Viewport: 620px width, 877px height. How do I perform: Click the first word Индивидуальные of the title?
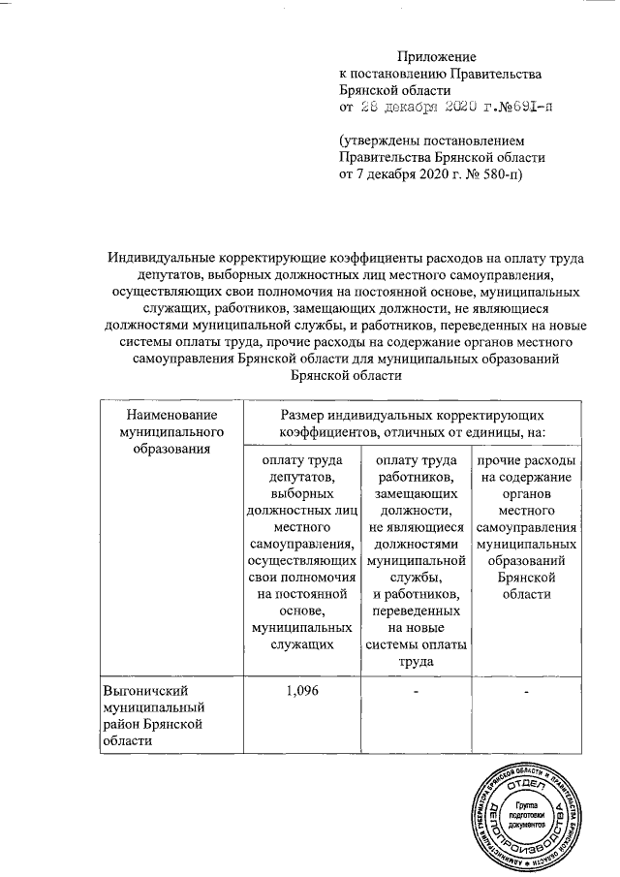click(x=163, y=257)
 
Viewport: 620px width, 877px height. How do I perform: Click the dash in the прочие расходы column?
click(x=527, y=691)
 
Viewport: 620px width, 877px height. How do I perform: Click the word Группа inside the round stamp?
click(x=528, y=806)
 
